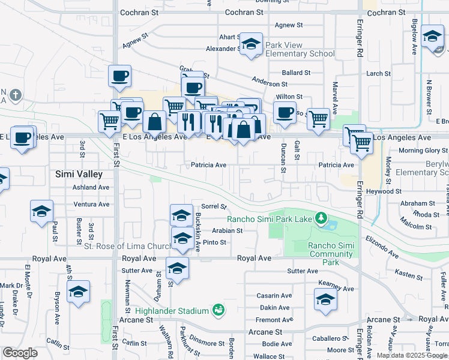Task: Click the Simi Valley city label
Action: (79, 174)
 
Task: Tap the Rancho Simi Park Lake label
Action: (270, 219)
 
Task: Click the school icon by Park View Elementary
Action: (252, 44)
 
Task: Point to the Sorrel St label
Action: (213, 206)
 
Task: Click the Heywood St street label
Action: (384, 191)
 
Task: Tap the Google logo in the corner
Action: (20, 353)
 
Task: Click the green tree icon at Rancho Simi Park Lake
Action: (322, 217)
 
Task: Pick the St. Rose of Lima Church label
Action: (127, 246)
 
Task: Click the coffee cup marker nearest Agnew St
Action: (119, 76)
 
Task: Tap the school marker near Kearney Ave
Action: (325, 299)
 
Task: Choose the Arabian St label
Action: (226, 230)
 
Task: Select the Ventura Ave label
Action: (91, 204)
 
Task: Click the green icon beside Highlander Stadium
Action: (218, 310)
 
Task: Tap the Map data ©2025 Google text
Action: (412, 355)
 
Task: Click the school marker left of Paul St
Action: (42, 212)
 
